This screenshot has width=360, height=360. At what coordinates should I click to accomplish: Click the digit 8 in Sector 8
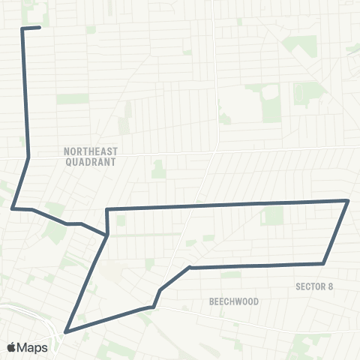click(330, 286)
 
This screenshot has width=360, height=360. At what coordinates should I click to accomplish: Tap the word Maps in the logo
click(34, 347)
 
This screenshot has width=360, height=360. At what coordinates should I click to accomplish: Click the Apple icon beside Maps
click(12, 347)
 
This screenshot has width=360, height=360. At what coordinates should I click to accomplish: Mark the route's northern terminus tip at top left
click(39, 28)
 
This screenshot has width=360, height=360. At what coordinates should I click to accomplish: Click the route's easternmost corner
click(348, 200)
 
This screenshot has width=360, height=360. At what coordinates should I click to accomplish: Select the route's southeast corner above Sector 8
click(322, 263)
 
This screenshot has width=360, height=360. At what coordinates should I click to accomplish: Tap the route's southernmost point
click(66, 331)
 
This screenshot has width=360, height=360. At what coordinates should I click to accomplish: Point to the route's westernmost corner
click(13, 208)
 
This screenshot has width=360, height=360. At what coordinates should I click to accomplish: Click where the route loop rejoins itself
click(108, 234)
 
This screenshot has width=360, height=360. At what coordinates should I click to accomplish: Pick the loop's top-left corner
click(108, 209)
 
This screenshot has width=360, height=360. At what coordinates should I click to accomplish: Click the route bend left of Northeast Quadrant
click(28, 158)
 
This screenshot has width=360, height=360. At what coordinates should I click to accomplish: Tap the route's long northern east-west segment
click(225, 205)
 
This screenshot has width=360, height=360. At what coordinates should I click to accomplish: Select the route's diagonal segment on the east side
click(335, 232)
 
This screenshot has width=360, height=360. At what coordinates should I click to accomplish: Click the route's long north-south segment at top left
click(25, 90)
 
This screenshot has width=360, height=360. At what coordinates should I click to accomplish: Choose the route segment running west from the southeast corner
click(255, 265)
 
